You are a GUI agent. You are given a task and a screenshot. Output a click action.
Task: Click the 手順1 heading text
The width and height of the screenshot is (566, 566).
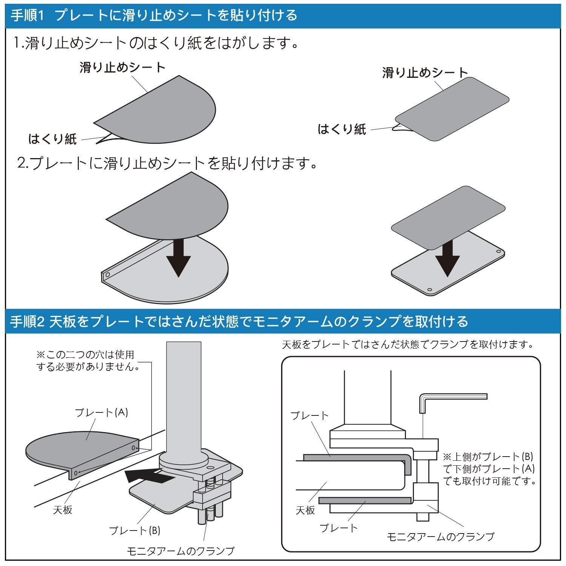[x=154, y=16]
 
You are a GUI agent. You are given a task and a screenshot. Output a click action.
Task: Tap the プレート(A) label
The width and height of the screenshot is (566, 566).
[x=102, y=412]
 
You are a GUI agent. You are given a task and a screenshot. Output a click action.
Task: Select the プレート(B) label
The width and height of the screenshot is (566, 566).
[x=135, y=530]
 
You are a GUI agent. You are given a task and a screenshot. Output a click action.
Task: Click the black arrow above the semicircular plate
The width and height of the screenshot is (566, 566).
[x=178, y=258]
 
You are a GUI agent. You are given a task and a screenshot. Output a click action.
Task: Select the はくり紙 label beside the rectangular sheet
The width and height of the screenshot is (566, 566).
[x=342, y=129]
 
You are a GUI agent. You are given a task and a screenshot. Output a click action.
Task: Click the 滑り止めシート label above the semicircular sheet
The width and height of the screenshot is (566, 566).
[x=123, y=68]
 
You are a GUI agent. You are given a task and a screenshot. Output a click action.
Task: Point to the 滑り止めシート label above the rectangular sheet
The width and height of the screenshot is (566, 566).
[x=425, y=72]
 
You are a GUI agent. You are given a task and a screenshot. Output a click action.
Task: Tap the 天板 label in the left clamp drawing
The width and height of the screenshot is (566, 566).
[x=63, y=510]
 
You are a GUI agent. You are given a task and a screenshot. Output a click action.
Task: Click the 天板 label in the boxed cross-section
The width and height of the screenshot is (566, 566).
[x=305, y=510]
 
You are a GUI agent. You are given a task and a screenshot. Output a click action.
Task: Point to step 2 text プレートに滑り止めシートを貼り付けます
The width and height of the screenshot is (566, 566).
[x=167, y=163]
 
